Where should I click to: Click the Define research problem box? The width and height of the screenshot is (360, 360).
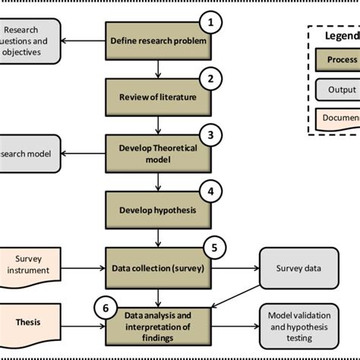156,41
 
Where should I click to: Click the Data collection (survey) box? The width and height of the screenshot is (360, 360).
156,267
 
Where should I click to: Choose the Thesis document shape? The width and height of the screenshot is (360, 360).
30,321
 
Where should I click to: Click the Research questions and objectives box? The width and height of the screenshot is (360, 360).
30,41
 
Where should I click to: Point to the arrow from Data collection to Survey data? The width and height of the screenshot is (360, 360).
235,267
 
